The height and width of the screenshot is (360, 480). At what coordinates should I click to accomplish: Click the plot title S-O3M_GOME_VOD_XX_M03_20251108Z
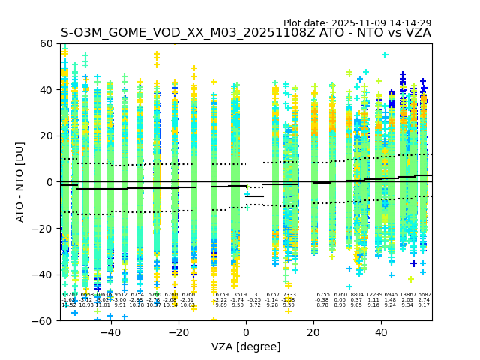pyautogui.click(x=246, y=33)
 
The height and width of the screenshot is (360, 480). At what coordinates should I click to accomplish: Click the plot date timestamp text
pyautogui.click(x=357, y=23)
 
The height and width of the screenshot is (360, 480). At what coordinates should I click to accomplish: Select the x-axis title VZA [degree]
pyautogui.click(x=246, y=346)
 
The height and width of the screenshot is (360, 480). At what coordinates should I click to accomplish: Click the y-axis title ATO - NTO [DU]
pyautogui.click(x=20, y=181)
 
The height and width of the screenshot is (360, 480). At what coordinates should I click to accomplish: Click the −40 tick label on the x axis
pyautogui.click(x=110, y=331)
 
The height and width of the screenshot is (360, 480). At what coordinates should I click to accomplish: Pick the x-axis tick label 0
pyautogui.click(x=246, y=331)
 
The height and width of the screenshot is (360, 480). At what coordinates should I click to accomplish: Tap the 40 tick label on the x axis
pyautogui.click(x=381, y=331)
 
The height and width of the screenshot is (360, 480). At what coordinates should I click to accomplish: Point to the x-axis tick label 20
pyautogui.click(x=313, y=331)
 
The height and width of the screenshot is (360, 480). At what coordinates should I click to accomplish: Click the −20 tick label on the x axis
pyautogui.click(x=178, y=331)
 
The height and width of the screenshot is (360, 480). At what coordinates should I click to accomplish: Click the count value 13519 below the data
pyautogui.click(x=238, y=295)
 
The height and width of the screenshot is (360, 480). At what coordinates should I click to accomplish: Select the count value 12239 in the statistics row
pyautogui.click(x=374, y=295)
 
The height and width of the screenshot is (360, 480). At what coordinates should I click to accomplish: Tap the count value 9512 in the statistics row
pyautogui.click(x=120, y=295)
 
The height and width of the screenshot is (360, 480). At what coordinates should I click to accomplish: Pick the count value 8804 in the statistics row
pyautogui.click(x=357, y=295)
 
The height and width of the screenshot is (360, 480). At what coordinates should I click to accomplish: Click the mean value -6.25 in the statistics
pyautogui.click(x=255, y=300)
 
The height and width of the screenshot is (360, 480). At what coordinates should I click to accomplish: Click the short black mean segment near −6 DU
pyautogui.click(x=254, y=196)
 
